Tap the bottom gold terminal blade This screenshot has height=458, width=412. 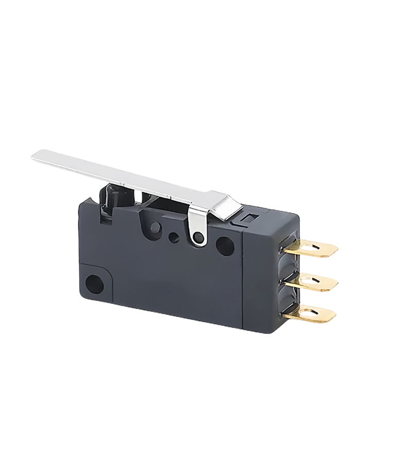point(312,312)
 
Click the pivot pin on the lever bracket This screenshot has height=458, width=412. point(196,237)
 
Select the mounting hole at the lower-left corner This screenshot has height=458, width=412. point(94,283)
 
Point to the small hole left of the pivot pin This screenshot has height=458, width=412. point(174,238)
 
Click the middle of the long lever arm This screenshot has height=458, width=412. point(129,175)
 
